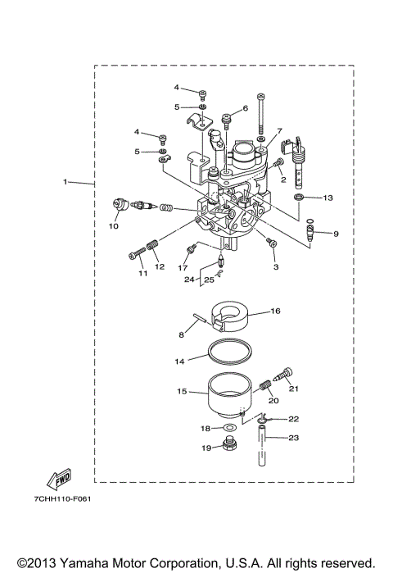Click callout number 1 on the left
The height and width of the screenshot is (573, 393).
[65, 182]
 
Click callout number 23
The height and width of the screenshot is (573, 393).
[294, 438]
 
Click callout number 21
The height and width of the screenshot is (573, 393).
[294, 389]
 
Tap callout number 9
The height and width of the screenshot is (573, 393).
[335, 234]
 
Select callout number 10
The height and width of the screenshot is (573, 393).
[114, 225]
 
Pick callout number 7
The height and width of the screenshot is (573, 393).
[279, 130]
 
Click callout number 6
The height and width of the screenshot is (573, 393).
[246, 108]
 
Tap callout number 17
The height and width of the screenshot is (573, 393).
[183, 267]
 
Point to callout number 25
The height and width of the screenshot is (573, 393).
[210, 280]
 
